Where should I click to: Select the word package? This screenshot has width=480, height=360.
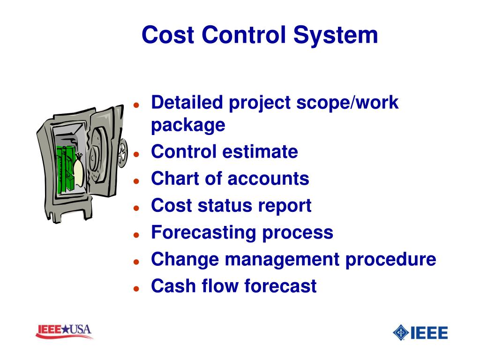tap(188, 126)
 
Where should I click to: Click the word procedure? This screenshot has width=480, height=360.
tap(391, 259)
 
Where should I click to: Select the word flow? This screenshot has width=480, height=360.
tap(222, 286)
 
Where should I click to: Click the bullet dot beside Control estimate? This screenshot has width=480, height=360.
tap(136, 154)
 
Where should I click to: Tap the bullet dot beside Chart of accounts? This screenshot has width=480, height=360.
tap(136, 180)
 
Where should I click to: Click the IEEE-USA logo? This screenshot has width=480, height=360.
tap(64, 331)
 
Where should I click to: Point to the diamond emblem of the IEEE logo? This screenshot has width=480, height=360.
tap(401, 332)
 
